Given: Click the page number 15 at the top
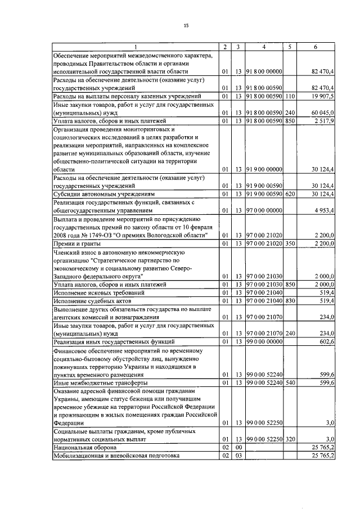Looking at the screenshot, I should (x=186, y=25).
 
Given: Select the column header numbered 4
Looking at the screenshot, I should (x=264, y=47).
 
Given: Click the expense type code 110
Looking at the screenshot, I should (x=290, y=96).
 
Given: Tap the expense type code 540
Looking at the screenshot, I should (x=290, y=382).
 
